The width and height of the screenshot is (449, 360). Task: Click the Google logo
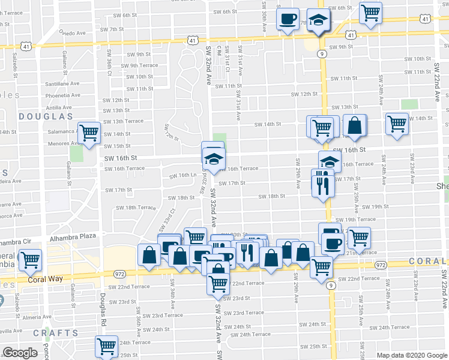tap(20, 353)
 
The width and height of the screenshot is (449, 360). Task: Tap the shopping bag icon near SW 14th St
tap(355, 125)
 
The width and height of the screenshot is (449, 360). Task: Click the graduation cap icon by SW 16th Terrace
tap(329, 161)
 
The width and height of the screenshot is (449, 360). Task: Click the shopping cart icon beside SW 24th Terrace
tap(106, 346)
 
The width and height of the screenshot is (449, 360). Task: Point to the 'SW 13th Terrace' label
tap(123, 121)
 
